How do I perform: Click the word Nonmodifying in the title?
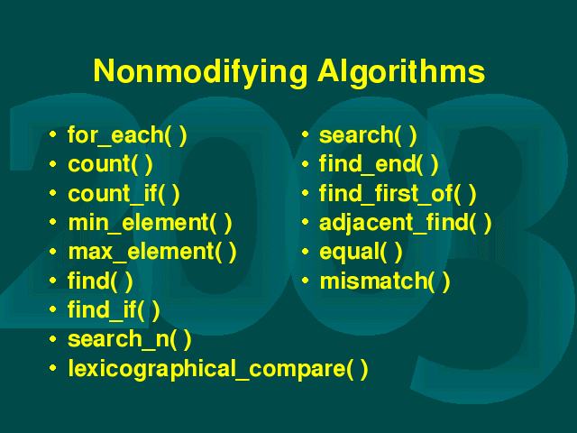coord(200,72)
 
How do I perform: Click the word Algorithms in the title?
coord(401,72)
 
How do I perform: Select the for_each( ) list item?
coord(127,135)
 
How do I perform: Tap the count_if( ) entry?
coord(124,194)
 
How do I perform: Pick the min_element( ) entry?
coord(151,223)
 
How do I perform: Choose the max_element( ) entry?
coord(152,253)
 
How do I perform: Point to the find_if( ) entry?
coord(114,310)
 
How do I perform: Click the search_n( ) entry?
coord(130,339)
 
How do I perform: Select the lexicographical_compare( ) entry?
coord(218,369)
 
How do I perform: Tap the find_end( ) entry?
coord(379,164)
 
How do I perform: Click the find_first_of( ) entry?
coord(398,194)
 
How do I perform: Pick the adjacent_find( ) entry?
coord(405,223)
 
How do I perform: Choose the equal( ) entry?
coord(361,253)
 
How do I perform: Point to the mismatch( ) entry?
coord(385,281)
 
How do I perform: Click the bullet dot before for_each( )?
coord(53,134)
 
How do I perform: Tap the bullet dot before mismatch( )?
coord(305,281)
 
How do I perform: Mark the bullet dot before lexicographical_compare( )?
coord(53,367)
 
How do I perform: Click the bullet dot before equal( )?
coord(305,251)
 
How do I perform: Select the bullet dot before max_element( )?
coord(53,251)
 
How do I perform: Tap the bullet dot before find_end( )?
coord(305,163)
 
